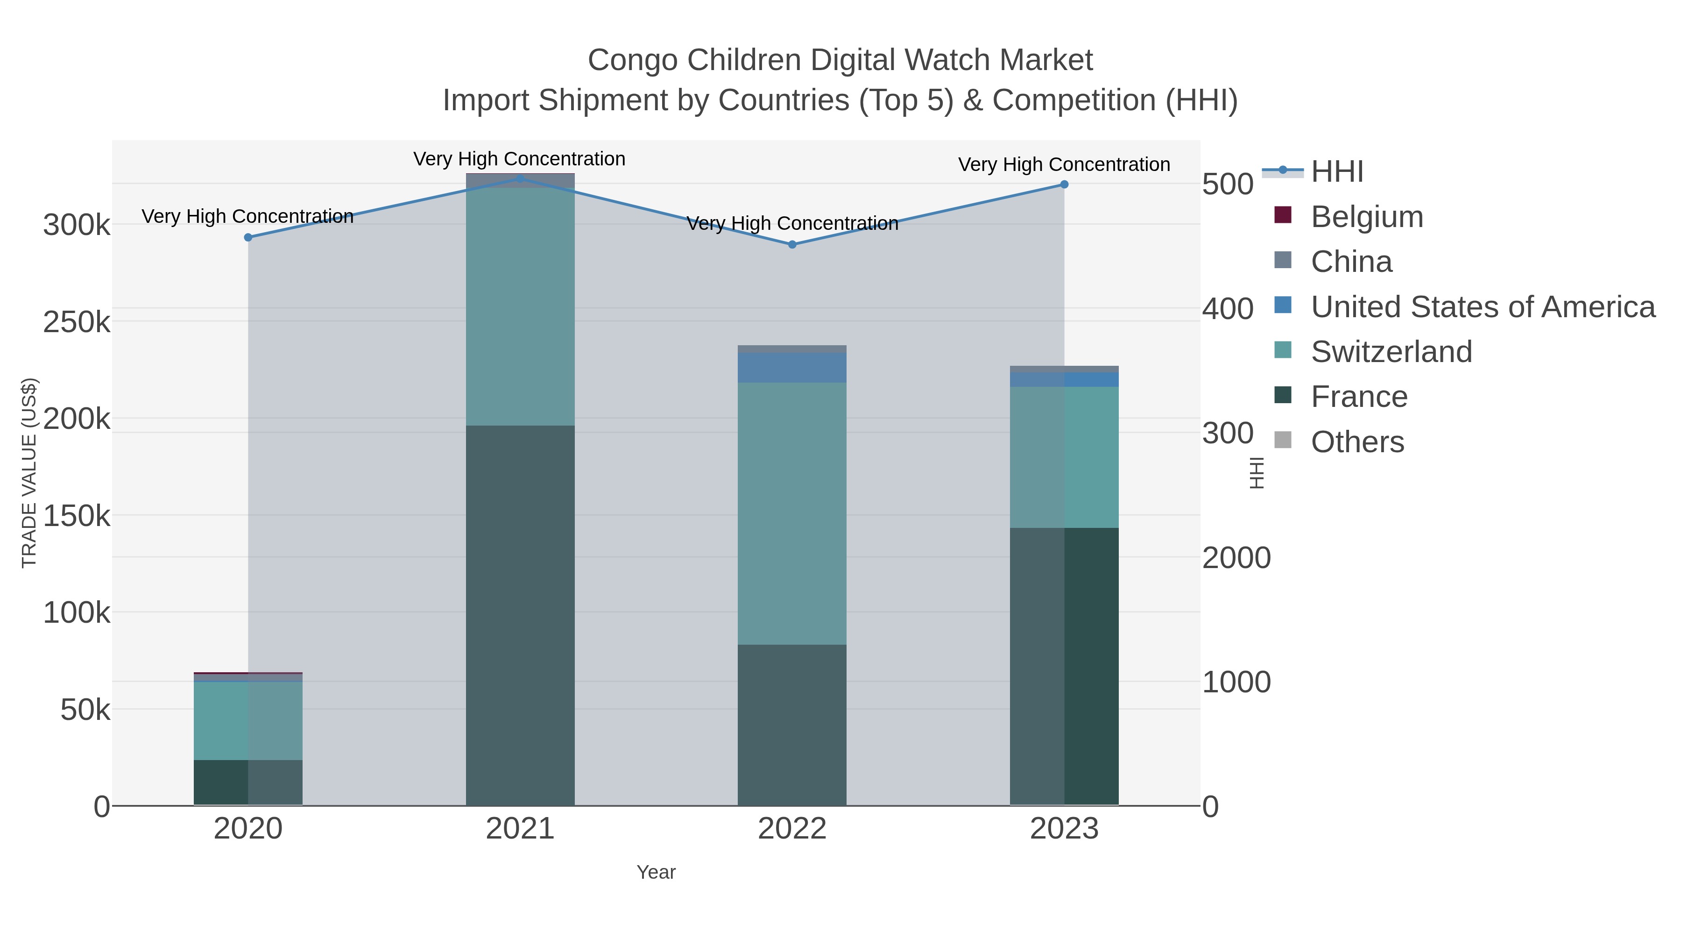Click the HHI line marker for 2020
pyautogui.click(x=248, y=238)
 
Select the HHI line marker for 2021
pyautogui.click(x=520, y=178)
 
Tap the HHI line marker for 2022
pyautogui.click(x=792, y=245)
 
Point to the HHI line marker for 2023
pyautogui.click(x=1064, y=185)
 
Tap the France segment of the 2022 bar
pyautogui.click(x=792, y=725)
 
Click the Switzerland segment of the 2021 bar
pyautogui.click(x=520, y=307)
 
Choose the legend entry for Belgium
pyautogui.click(x=1367, y=217)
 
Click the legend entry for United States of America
pyautogui.click(x=1483, y=307)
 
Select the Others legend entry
pyautogui.click(x=1357, y=442)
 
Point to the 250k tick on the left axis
pyautogui.click(x=77, y=322)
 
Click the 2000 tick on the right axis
pyautogui.click(x=1236, y=558)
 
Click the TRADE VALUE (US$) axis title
pyautogui.click(x=29, y=473)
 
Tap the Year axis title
pyautogui.click(x=656, y=872)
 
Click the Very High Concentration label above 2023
pyautogui.click(x=1064, y=164)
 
